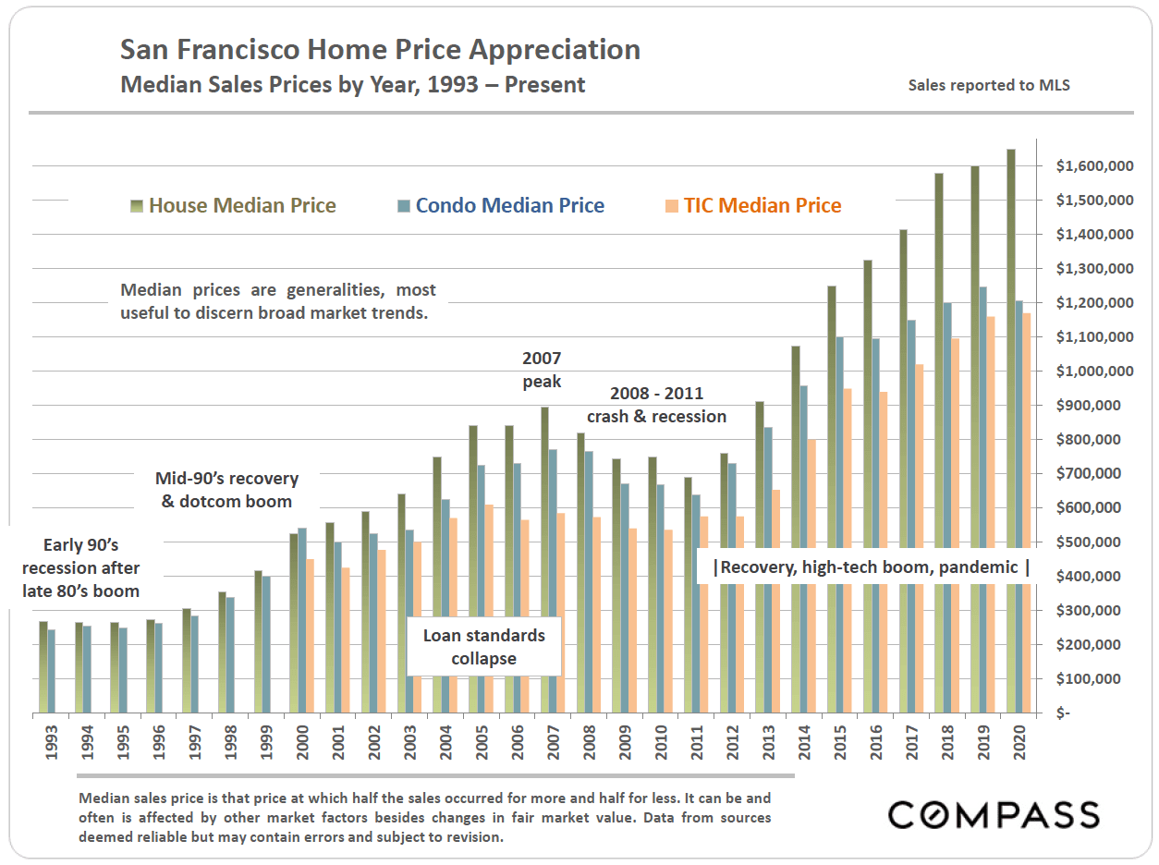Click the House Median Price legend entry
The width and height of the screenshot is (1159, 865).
tap(242, 206)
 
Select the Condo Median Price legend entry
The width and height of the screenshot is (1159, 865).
tap(509, 206)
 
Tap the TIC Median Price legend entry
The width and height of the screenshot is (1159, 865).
tap(762, 206)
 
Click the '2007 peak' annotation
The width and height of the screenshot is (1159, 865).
tap(542, 370)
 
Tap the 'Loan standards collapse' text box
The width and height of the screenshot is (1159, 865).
tap(484, 647)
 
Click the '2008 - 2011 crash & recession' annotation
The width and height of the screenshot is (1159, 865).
tap(656, 406)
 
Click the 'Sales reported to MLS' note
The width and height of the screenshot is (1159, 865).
tap(989, 86)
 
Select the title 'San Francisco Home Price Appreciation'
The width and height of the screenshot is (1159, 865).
tap(381, 50)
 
